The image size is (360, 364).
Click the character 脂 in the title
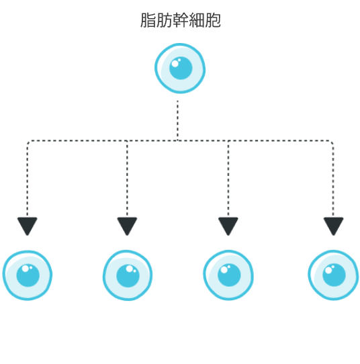tap(148, 20)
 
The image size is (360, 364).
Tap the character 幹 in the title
tap(180, 20)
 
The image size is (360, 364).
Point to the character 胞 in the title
tap(213, 20)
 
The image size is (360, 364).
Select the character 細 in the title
tap(196, 20)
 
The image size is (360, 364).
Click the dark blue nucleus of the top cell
tap(181, 68)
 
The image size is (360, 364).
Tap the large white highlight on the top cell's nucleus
tap(175, 63)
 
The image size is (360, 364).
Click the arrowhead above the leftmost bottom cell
tap(28, 226)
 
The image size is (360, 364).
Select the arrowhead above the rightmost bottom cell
tap(333, 226)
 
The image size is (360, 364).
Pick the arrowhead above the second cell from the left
tap(127, 226)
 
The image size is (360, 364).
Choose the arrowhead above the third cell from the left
tap(228, 226)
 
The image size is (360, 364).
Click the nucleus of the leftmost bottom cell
tap(28, 275)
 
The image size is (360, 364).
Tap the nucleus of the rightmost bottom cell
tap(334, 275)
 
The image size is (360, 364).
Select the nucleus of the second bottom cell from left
tap(128, 276)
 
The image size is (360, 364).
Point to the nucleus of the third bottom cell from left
tap(229, 275)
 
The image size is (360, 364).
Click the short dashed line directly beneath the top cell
tap(177, 120)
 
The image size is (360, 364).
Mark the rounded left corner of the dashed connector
tap(28, 142)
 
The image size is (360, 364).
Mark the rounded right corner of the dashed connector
tap(332, 142)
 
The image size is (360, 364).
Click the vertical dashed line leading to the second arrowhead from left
tap(127, 179)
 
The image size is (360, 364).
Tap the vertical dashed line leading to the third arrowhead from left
tap(228, 179)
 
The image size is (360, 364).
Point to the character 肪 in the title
tap(164, 20)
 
